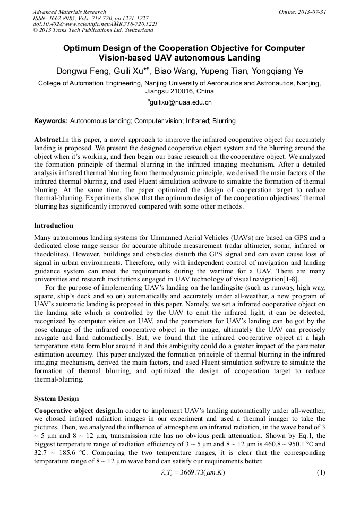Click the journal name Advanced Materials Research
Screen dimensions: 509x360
point(69,12)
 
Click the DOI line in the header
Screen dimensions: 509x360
point(95,24)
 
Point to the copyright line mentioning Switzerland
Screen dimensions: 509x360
point(93,30)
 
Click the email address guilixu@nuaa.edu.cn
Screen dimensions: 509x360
point(181,102)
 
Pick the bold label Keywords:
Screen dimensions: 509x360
point(51,121)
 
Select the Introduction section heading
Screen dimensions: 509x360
point(54,226)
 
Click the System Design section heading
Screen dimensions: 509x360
point(56,398)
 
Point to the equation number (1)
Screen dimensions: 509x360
point(320,472)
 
